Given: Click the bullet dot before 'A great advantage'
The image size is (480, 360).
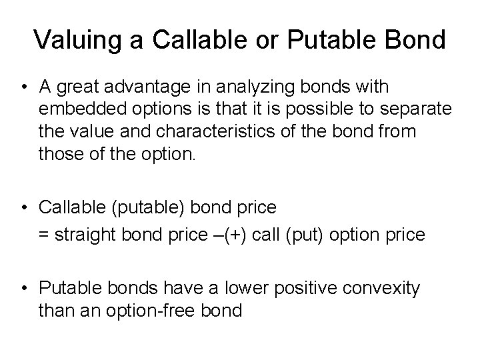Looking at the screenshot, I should coord(24,87).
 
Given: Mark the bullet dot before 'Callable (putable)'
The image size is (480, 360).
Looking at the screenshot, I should coord(24,208).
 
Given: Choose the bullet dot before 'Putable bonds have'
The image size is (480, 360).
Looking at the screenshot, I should coord(24,288).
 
